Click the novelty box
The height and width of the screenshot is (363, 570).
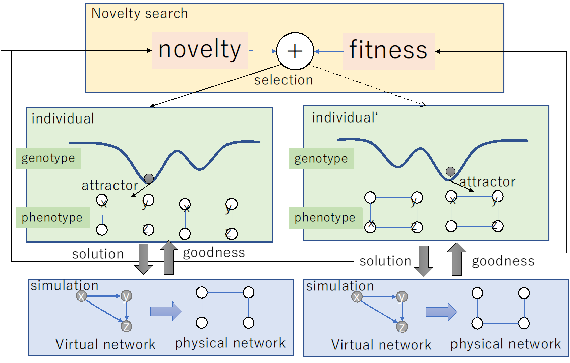pyautogui.click(x=200, y=50)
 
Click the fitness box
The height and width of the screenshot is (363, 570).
pyautogui.click(x=388, y=51)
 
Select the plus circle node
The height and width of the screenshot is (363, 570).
pyautogui.click(x=295, y=51)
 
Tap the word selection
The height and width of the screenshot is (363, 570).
pyautogui.click(x=283, y=80)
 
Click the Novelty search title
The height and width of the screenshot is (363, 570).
pyautogui.click(x=140, y=13)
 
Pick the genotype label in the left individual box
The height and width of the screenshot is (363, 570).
pyautogui.click(x=48, y=158)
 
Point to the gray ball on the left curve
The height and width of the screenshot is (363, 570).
pyautogui.click(x=149, y=178)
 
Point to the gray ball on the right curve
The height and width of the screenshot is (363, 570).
pyautogui.click(x=450, y=171)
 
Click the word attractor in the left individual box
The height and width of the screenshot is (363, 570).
pyautogui.click(x=110, y=185)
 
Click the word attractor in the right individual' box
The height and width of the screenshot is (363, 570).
pyautogui.click(x=487, y=181)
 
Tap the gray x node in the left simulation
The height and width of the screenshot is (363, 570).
pyautogui.click(x=81, y=297)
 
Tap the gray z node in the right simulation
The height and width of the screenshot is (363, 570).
pyautogui.click(x=402, y=327)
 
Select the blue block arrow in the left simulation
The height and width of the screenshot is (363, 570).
pyautogui.click(x=165, y=311)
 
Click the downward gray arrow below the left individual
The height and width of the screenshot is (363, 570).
pyautogui.click(x=144, y=258)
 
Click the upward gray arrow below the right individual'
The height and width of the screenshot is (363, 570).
pyautogui.click(x=457, y=260)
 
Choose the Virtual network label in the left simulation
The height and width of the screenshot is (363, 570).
pyautogui.click(x=105, y=344)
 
